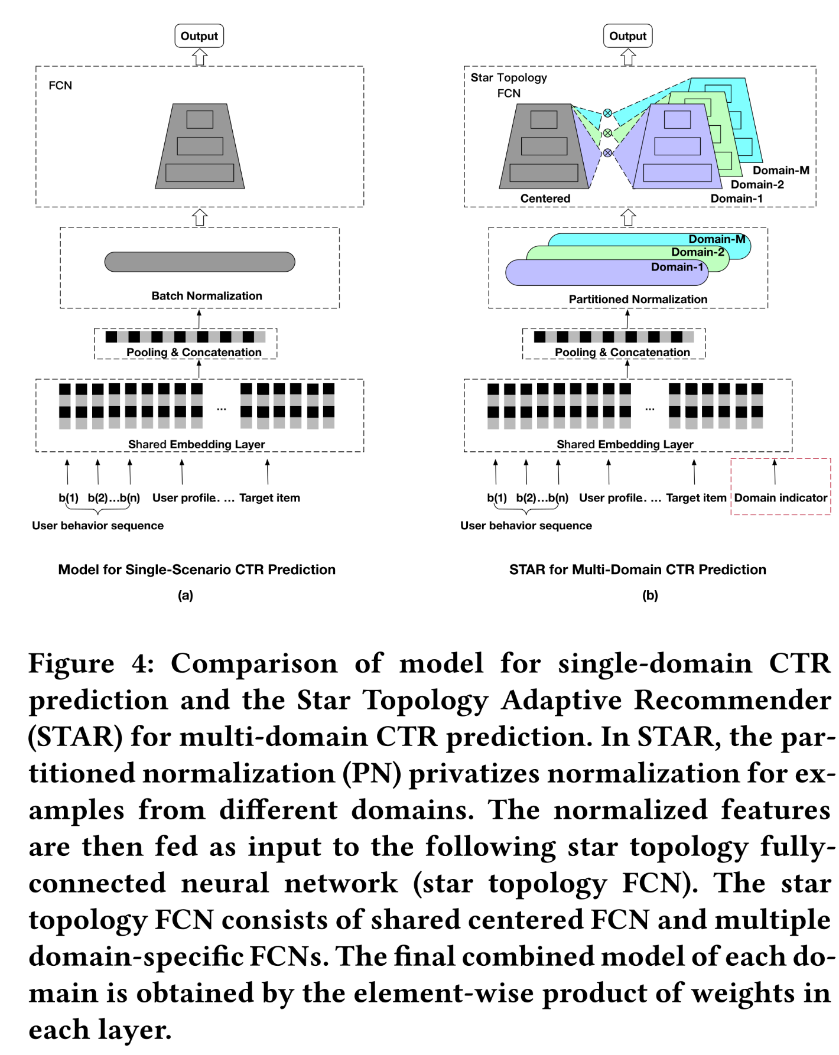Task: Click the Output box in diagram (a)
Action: coord(199,36)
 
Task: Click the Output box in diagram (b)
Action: coord(627,36)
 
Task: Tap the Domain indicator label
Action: coord(780,498)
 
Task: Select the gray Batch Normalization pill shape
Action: coord(200,262)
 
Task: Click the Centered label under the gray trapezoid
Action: coord(545,198)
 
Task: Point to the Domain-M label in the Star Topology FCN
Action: coord(781,170)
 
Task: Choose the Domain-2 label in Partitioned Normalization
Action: coord(697,252)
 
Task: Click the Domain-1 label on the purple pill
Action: coord(677,267)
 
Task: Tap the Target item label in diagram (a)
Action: coord(269,498)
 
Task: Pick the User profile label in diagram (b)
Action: coord(612,498)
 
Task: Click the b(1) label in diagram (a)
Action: coord(69,498)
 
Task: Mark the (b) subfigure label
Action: coord(650,595)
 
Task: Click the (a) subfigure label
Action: coord(186,595)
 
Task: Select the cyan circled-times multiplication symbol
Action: coord(607,113)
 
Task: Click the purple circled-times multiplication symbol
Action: coord(607,153)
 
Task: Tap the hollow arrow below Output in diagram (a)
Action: coord(200,57)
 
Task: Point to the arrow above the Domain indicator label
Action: coord(775,471)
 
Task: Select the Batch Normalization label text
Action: coord(207,296)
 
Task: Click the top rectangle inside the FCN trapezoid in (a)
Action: coord(200,119)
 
